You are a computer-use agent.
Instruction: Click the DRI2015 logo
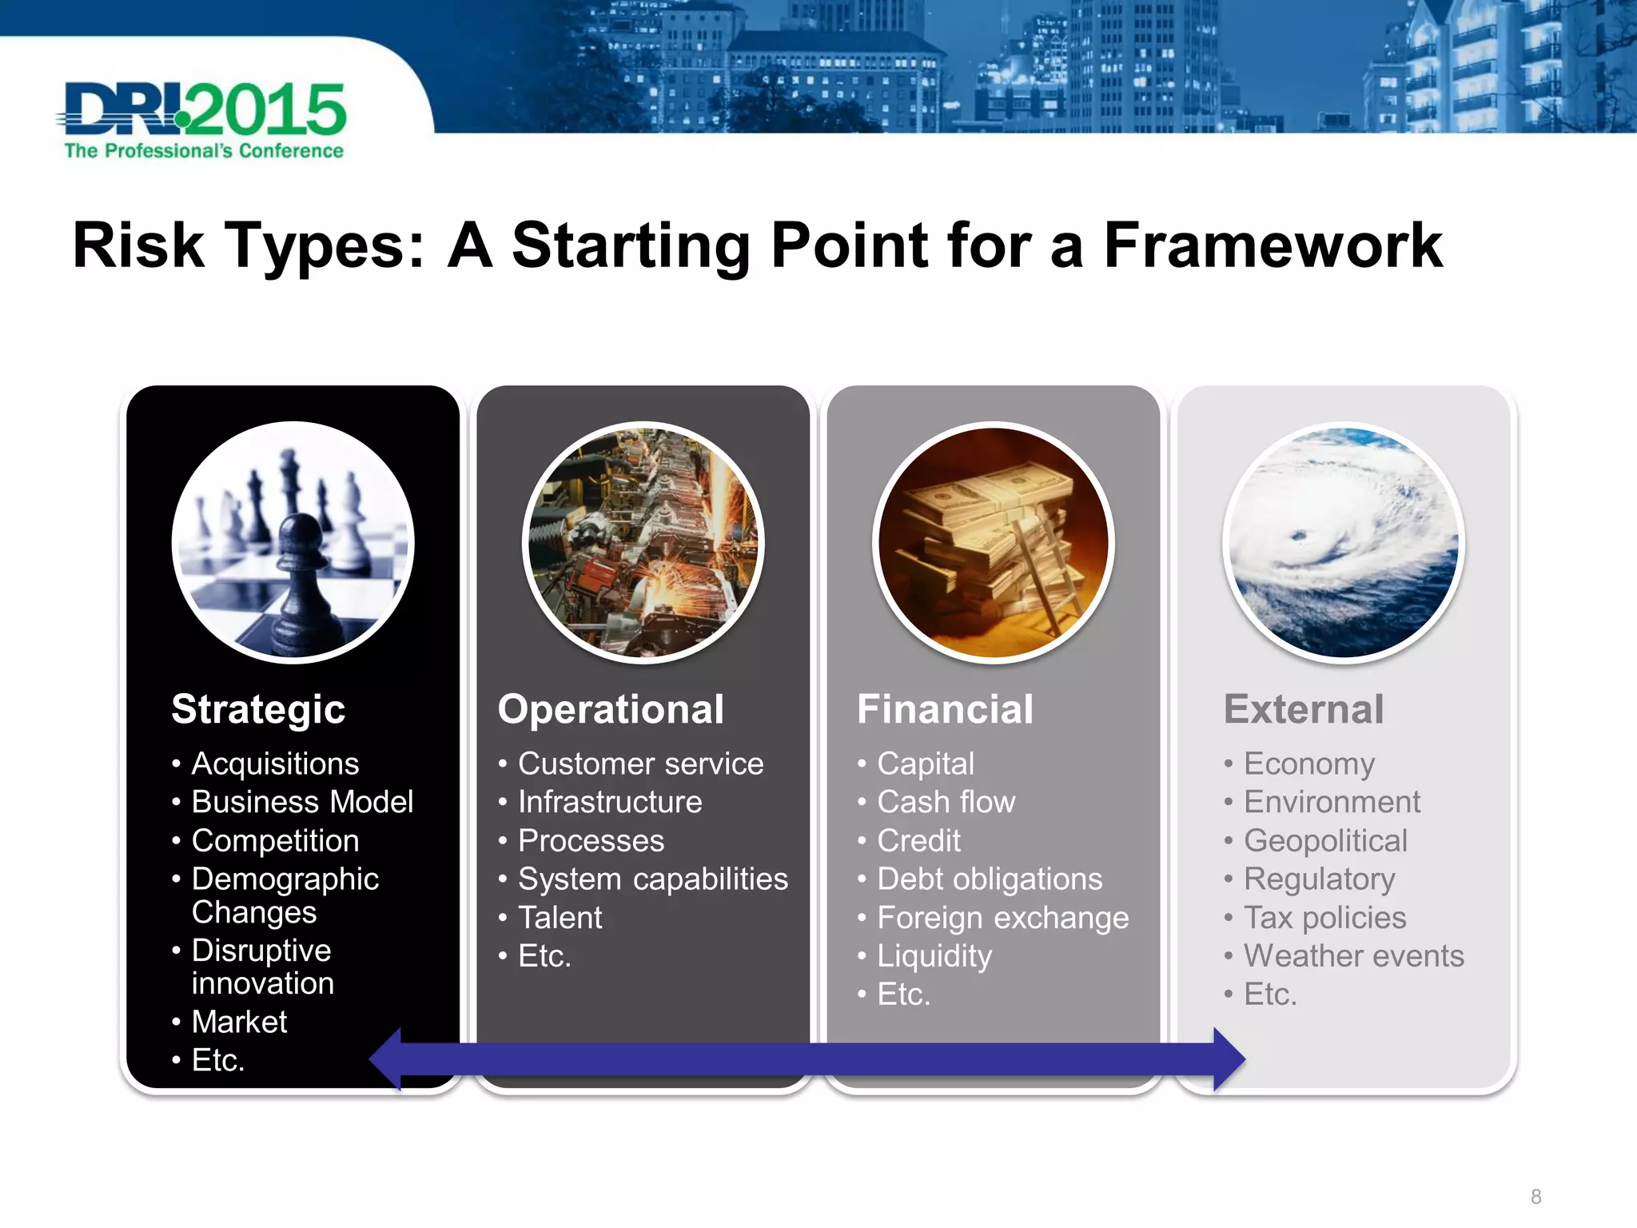(x=204, y=120)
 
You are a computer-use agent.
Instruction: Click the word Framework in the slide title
(x=1273, y=245)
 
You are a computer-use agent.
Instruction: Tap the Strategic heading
(x=258, y=709)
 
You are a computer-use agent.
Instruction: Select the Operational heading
(x=611, y=709)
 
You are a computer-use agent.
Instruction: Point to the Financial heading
(x=945, y=709)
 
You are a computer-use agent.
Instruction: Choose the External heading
(x=1304, y=709)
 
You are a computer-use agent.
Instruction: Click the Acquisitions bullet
(x=275, y=764)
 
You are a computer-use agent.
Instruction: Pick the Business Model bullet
(x=302, y=802)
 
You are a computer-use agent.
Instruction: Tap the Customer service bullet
(x=640, y=764)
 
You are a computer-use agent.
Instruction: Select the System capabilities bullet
(x=652, y=879)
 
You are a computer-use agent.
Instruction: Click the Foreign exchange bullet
(x=1002, y=918)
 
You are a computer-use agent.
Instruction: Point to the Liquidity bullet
(x=934, y=956)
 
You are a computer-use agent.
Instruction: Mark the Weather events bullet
(x=1353, y=956)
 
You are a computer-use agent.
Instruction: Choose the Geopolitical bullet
(x=1325, y=840)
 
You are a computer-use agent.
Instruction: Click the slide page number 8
(x=1535, y=1197)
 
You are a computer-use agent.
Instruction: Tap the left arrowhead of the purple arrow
(x=388, y=1059)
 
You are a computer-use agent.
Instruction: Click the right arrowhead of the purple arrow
(x=1228, y=1059)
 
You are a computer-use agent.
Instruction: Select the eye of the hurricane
(x=1299, y=536)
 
